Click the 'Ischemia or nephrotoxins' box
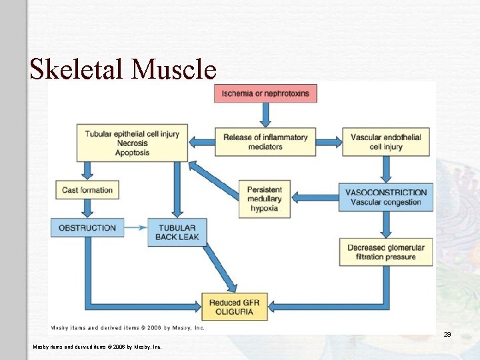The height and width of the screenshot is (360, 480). [265, 93]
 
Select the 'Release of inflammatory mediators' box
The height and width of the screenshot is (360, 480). [265, 142]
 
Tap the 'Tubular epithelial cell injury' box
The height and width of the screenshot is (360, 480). [132, 143]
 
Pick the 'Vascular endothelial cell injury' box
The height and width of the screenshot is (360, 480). [385, 142]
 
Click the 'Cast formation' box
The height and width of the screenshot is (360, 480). [87, 190]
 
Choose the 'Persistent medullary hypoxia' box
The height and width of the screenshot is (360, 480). [265, 199]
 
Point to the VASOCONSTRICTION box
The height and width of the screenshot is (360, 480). [385, 197]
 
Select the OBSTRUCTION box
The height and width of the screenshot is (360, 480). [87, 227]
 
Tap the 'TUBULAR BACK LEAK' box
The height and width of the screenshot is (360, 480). [177, 232]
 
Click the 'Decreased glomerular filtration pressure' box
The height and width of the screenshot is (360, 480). [385, 252]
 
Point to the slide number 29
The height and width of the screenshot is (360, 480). [447, 334]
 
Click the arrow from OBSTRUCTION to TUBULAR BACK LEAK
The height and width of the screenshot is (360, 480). [136, 227]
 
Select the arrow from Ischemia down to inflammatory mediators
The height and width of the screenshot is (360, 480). [265, 115]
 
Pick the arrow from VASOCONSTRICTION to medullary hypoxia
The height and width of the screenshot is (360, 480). [316, 197]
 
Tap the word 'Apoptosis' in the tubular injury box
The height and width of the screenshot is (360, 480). [132, 153]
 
